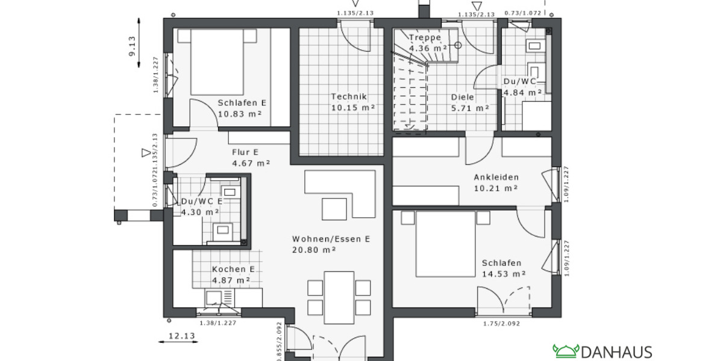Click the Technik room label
348,96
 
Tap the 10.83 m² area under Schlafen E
242,114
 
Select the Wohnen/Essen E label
330,239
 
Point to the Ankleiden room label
496,177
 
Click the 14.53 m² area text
504,274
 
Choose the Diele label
463,97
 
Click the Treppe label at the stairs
429,37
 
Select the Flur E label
245,152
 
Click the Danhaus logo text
616,351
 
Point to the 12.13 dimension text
181,336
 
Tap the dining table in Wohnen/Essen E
339,297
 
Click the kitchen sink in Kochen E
214,297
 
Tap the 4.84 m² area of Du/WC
522,93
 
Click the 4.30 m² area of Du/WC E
200,212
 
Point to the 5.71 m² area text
470,108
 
